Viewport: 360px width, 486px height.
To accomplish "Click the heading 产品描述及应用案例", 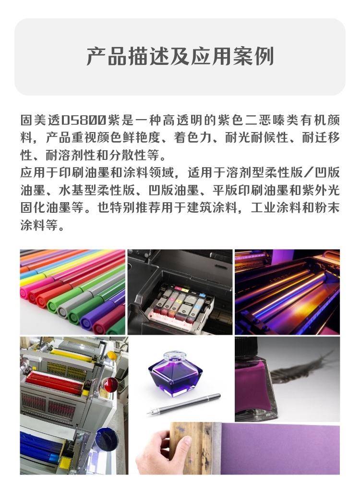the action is pos(180,56).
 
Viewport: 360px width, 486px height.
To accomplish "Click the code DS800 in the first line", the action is pos(84,121).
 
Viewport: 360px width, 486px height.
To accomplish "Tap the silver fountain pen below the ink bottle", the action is pos(183,404).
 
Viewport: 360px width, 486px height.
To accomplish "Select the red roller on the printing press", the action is pos(54,382).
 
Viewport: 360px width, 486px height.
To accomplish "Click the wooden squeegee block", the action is pos(196,446).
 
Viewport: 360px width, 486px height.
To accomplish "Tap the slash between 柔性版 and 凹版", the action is pos(309,172).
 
